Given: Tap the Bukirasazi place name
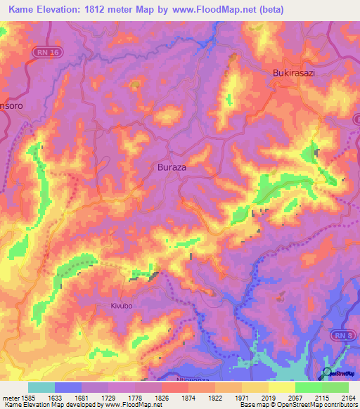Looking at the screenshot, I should (x=297, y=72).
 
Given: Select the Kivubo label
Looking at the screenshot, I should (x=122, y=306).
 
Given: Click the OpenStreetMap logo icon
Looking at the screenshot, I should (x=328, y=372).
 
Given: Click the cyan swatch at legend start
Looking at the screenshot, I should (x=41, y=387).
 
